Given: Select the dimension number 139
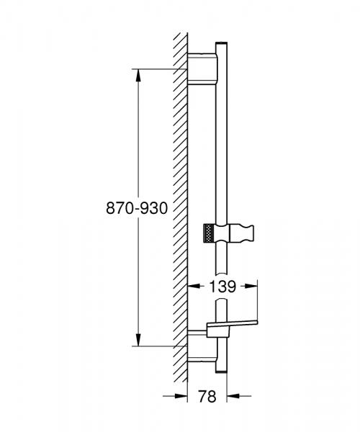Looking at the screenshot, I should pos(222,286).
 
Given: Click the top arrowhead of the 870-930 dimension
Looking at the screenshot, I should pos(136,73).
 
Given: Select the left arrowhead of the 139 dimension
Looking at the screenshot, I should pos(192,286).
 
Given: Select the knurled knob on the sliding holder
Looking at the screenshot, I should pos(208,235).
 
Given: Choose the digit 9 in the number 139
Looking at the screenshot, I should pos(231,286).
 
